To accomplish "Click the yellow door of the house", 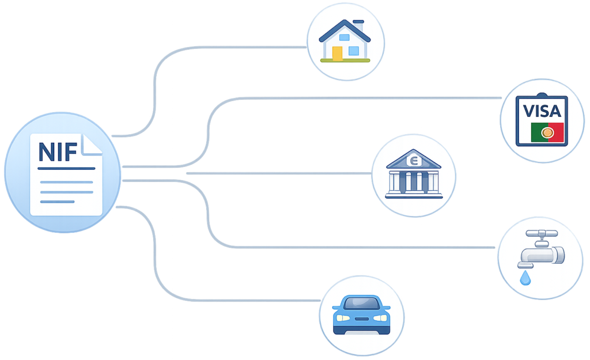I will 337,53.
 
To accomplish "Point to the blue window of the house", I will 353,51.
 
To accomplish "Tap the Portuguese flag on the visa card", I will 547,132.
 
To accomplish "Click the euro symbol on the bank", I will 413,161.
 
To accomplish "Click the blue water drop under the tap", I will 525,278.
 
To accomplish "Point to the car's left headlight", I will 343,317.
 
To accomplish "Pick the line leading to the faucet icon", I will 346,248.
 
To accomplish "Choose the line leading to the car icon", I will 230,300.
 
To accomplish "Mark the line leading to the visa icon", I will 346,98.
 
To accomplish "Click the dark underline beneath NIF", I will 66,168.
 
